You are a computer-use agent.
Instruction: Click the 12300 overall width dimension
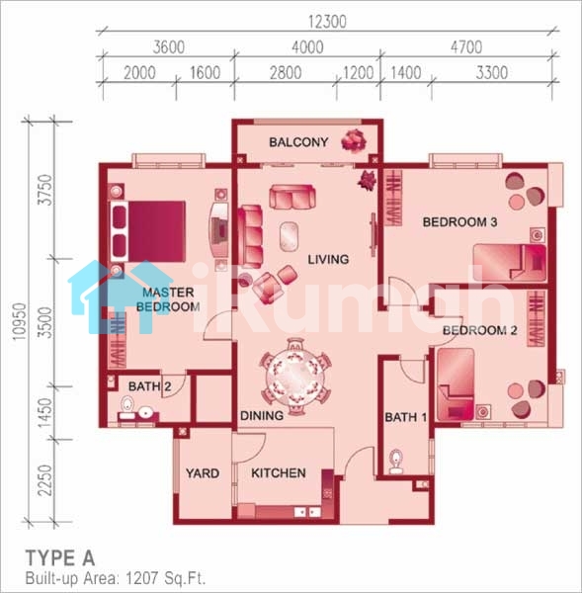[x=327, y=22]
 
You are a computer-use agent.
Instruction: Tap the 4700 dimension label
[x=466, y=47]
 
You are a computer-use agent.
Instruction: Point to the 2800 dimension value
[x=286, y=73]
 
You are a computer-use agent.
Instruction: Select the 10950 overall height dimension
[x=20, y=321]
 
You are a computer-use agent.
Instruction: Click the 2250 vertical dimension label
[x=45, y=480]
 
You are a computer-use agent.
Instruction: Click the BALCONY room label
[x=298, y=142]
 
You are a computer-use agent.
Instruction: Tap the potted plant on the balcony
[x=354, y=140]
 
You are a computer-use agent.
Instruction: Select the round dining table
[x=295, y=377]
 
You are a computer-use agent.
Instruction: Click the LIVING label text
[x=328, y=259]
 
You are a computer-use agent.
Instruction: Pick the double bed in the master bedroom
[x=148, y=231]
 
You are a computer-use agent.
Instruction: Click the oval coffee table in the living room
[x=289, y=237]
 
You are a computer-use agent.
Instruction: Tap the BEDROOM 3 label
[x=459, y=222]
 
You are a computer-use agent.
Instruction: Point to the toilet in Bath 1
[x=395, y=462]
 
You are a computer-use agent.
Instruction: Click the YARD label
[x=203, y=473]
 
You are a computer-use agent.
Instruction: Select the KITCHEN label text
[x=279, y=473]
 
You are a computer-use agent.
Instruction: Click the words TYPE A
[x=59, y=558]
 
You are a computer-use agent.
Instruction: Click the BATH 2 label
[x=150, y=386]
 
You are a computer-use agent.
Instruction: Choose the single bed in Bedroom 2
[x=456, y=384]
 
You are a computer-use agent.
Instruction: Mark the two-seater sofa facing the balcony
[x=291, y=197]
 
